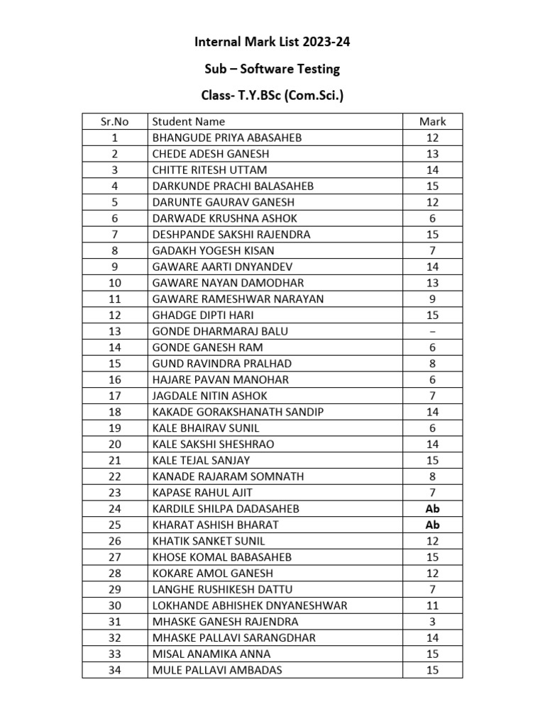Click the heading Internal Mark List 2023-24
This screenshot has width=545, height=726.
click(272, 43)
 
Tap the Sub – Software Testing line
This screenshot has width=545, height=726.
click(272, 69)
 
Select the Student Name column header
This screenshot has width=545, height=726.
click(188, 121)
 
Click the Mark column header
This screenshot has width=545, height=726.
click(432, 121)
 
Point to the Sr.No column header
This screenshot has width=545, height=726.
click(115, 121)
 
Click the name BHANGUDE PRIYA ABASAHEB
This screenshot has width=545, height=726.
click(217, 138)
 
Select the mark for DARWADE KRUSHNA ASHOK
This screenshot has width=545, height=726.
click(432, 218)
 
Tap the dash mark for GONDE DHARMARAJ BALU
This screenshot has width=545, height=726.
click(432, 331)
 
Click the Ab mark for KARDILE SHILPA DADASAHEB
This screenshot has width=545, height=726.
click(432, 509)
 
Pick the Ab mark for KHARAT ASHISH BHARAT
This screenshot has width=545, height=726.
click(432, 525)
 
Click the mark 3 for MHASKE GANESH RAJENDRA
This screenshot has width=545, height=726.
click(432, 622)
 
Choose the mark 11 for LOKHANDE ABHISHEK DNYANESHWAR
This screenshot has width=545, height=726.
click(432, 605)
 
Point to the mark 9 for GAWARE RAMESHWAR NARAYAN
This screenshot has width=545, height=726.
click(432, 299)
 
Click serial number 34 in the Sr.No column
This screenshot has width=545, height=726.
click(115, 670)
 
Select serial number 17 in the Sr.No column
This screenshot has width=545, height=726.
click(115, 396)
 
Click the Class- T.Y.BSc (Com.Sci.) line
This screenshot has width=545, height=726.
click(272, 94)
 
